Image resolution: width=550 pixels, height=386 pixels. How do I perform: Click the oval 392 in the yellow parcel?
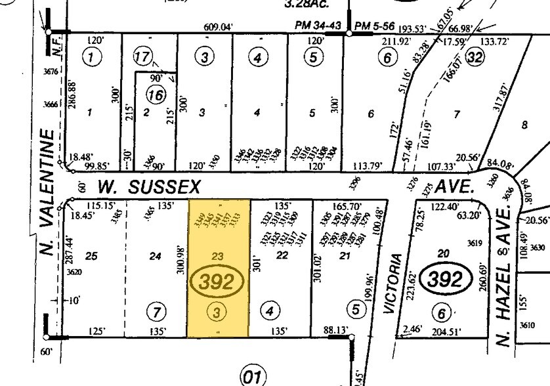[218, 282]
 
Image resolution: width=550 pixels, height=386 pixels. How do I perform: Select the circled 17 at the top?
[142, 57]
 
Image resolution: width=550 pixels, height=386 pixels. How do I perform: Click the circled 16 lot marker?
[156, 96]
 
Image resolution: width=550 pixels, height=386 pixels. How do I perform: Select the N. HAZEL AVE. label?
[504, 275]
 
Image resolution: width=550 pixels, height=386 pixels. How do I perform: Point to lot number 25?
[91, 256]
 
